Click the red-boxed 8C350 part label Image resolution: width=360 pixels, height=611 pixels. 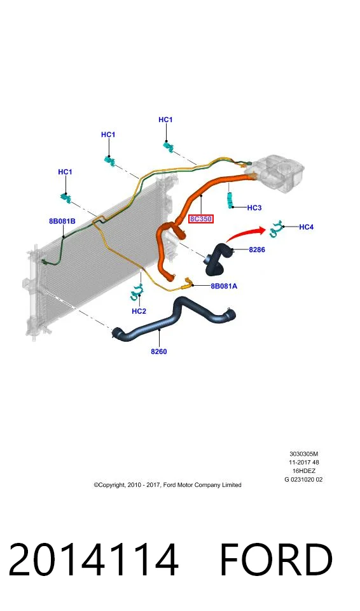tap(200, 219)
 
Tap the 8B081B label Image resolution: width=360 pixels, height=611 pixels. tap(62, 221)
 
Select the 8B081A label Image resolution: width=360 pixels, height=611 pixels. tap(224, 286)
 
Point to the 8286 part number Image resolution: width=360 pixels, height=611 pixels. tap(257, 249)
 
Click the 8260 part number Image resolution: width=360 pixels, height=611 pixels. tap(159, 351)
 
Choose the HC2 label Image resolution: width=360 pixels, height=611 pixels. tap(139, 311)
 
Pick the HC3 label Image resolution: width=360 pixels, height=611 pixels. tap(254, 207)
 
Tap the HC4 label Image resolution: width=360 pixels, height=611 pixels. tap(306, 227)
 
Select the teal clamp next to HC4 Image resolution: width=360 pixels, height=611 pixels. tap(276, 228)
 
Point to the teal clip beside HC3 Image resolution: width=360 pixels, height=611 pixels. tap(230, 200)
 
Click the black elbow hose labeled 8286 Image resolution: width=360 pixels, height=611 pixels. tap(218, 259)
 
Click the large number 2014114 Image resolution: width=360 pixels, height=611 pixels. tap(93, 559)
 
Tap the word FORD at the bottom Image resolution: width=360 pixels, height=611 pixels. tap(276, 559)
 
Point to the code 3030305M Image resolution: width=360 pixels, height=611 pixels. tap(304, 454)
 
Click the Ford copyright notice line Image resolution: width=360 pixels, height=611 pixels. tap(167, 485)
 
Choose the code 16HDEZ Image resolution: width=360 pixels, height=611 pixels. tap(304, 471)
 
